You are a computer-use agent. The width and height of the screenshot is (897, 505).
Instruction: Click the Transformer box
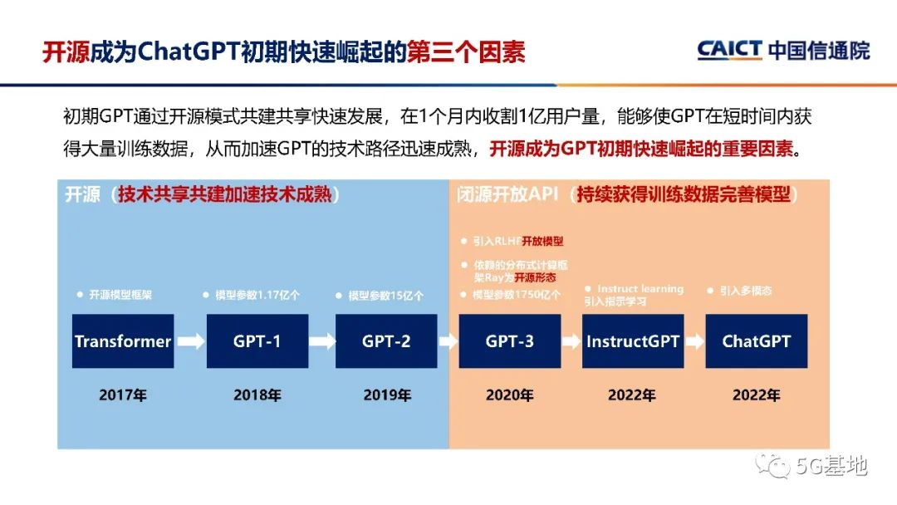coord(123,341)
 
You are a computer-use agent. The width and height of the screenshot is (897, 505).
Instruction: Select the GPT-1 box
coord(257,341)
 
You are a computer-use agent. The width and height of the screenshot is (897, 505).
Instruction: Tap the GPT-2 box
coord(386,341)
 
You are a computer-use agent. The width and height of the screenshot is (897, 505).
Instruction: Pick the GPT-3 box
coord(509,341)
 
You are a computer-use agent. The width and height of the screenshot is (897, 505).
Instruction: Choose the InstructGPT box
coord(633,341)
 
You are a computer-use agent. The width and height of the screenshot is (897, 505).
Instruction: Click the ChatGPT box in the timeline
coord(756,341)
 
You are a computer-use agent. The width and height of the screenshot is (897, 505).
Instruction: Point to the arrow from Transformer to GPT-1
coord(190,341)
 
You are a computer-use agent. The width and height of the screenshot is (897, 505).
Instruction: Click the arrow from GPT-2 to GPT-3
coord(448,341)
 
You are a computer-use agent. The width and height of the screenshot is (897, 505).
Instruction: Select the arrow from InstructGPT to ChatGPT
coord(694,341)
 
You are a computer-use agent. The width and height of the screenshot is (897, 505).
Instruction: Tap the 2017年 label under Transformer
coord(123,395)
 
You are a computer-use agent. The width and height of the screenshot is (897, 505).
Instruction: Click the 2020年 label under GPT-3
coord(509,395)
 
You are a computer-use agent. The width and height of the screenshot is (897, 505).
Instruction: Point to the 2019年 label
coord(386,395)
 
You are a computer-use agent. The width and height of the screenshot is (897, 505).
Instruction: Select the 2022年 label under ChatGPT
coord(756,395)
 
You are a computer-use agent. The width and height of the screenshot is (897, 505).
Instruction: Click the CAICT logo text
coord(729,50)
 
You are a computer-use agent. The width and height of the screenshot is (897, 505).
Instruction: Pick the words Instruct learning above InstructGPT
coord(640,289)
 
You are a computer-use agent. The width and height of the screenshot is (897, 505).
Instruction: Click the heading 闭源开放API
coord(507,196)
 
